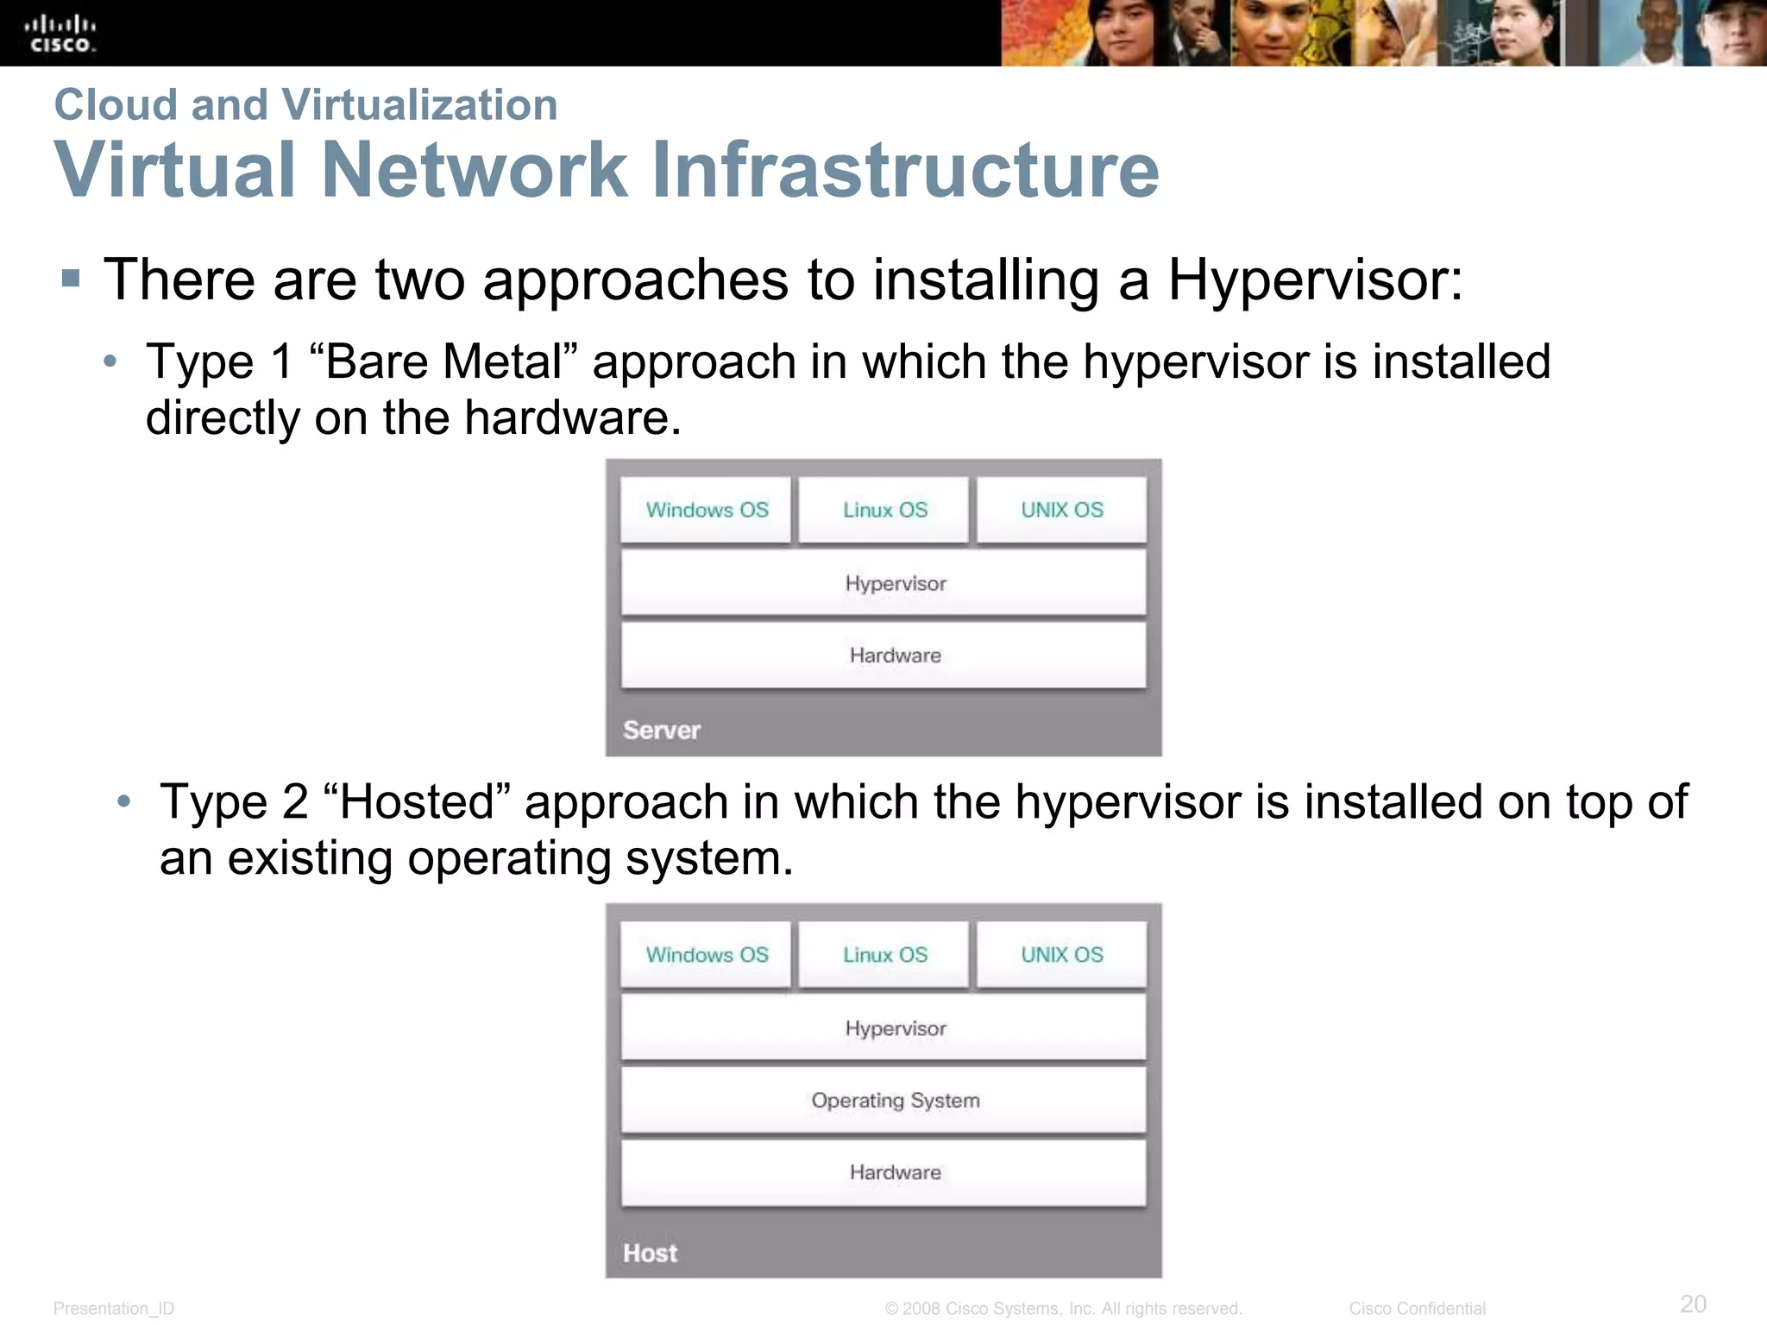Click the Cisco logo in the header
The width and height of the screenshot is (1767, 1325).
click(60, 34)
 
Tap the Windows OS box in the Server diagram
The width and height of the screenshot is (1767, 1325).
click(706, 510)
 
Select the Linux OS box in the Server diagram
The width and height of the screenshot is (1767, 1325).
click(884, 510)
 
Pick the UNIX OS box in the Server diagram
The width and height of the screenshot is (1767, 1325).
click(1061, 510)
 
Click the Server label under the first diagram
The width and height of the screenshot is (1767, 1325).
click(662, 731)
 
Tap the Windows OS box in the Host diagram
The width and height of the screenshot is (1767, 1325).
click(706, 955)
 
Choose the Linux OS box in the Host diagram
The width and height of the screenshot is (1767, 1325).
click(884, 955)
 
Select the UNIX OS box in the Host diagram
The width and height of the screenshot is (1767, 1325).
click(1061, 955)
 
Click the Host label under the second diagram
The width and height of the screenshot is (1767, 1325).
click(650, 1253)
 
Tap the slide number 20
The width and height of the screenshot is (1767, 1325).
click(1693, 1303)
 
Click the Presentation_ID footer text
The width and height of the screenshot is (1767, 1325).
click(114, 1309)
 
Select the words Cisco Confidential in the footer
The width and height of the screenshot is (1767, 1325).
click(1417, 1309)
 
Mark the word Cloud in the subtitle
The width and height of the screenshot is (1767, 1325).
click(116, 105)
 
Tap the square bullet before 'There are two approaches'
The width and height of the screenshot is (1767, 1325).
click(71, 279)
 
